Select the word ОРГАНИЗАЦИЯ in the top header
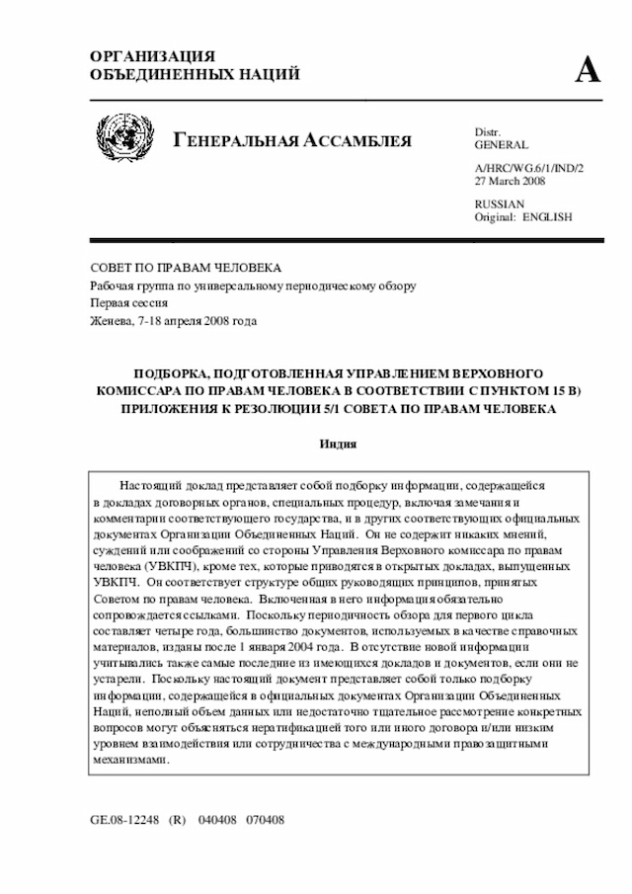click(x=153, y=56)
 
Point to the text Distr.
click(x=488, y=132)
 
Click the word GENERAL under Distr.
click(x=502, y=145)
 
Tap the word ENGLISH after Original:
click(x=547, y=216)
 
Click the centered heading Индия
click(x=336, y=445)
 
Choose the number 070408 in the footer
click(x=266, y=821)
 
